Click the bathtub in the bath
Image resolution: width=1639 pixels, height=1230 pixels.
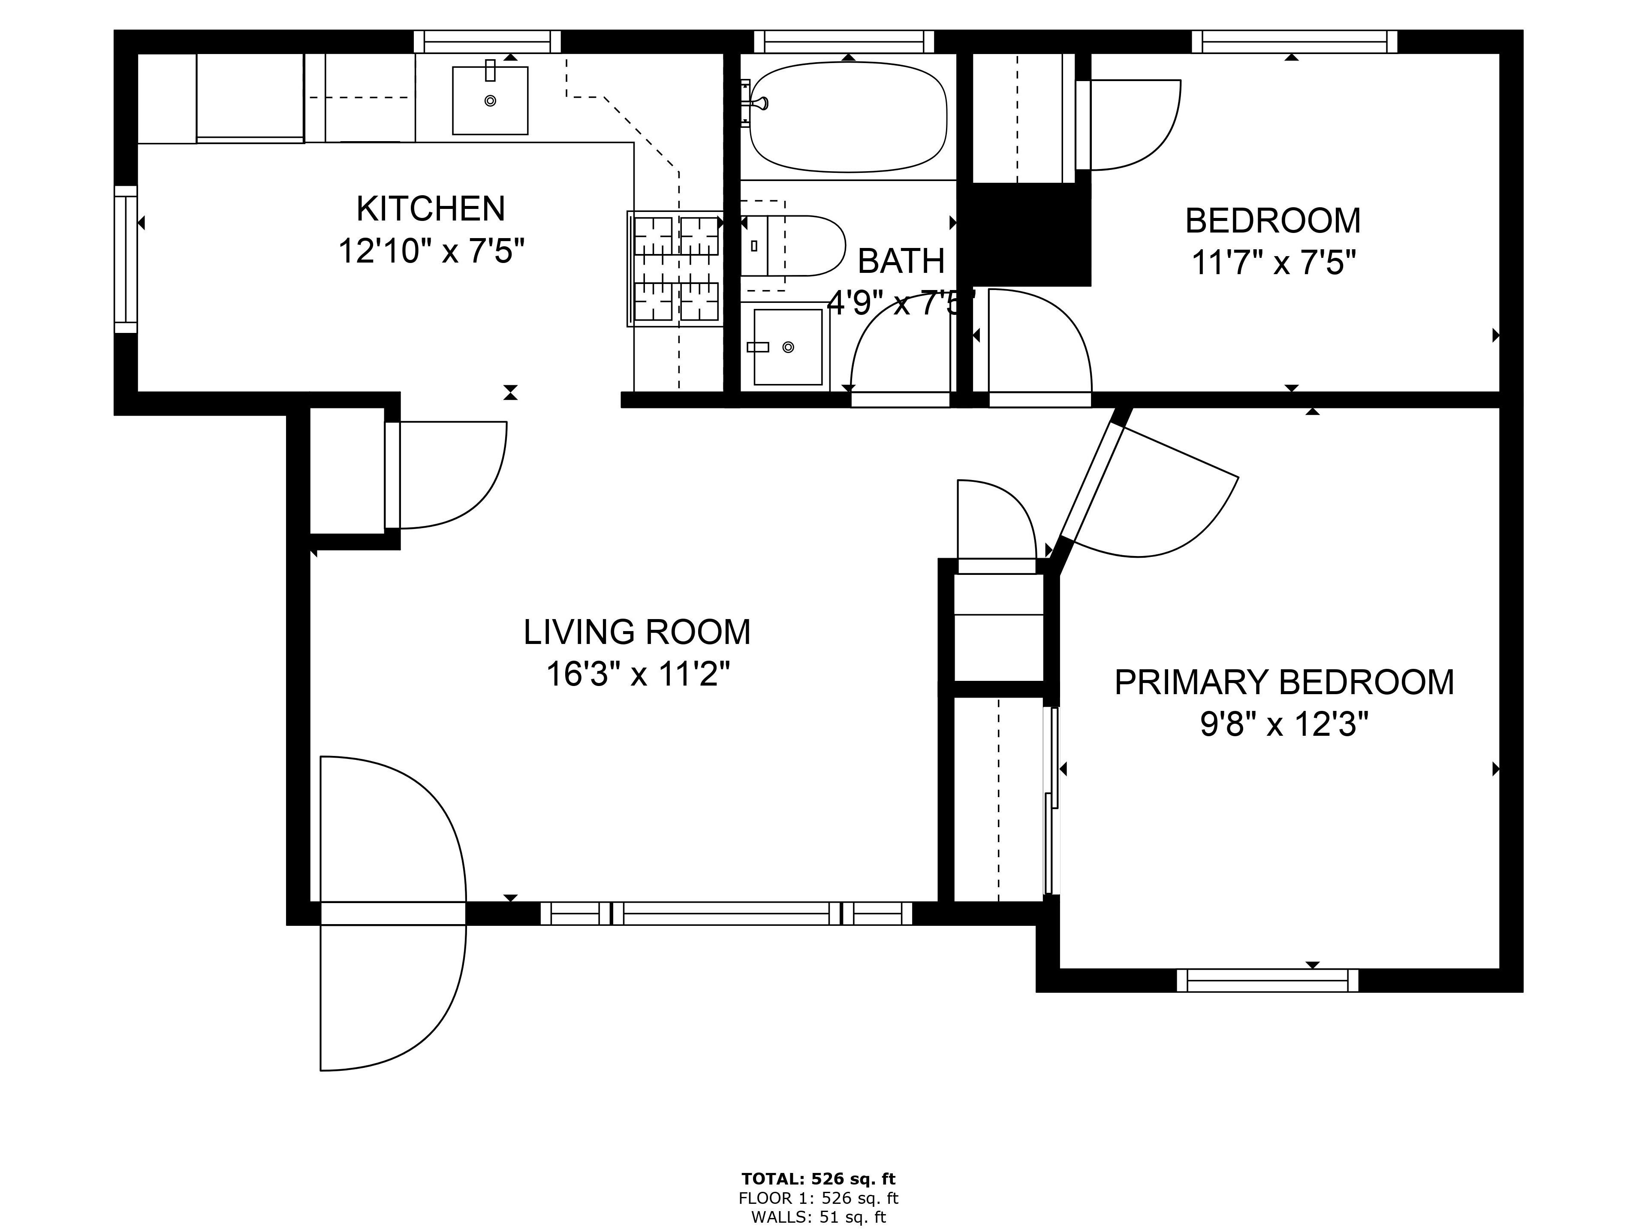point(848,116)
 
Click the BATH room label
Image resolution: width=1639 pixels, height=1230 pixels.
point(901,261)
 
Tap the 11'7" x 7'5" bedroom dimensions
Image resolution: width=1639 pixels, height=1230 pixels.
point(1274,263)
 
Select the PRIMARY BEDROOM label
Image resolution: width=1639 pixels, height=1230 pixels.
point(1284,682)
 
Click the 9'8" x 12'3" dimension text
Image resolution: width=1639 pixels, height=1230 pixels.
point(1284,724)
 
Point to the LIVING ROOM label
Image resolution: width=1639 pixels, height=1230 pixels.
point(637,632)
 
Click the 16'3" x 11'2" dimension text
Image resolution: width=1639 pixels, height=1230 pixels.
point(638,675)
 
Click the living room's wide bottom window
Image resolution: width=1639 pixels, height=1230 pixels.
point(726,913)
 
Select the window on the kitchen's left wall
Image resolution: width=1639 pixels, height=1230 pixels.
point(126,260)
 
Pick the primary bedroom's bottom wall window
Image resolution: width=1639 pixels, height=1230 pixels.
point(1268,980)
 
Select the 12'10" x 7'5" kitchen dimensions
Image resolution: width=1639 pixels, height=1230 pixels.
point(431,251)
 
